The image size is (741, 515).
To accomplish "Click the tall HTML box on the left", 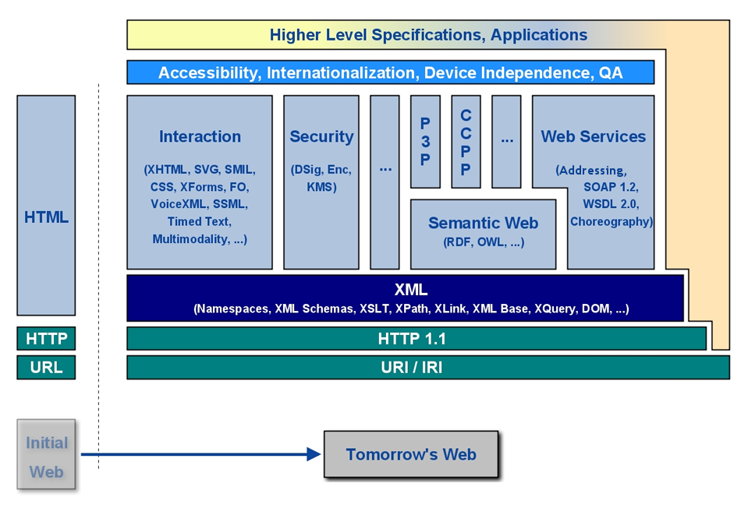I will pyautogui.click(x=46, y=206).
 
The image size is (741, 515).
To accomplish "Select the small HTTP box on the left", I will pyautogui.click(x=46, y=339).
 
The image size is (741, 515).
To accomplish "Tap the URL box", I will pyautogui.click(x=46, y=367).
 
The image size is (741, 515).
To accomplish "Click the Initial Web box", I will pyautogui.click(x=46, y=456).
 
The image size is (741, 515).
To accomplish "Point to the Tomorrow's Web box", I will pyautogui.click(x=411, y=454).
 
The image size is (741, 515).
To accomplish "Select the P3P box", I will pyautogui.click(x=425, y=142).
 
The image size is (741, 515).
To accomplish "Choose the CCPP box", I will pyautogui.click(x=466, y=142).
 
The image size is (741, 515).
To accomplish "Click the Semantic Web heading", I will pyautogui.click(x=483, y=224).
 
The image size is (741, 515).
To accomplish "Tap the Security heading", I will pyautogui.click(x=321, y=137).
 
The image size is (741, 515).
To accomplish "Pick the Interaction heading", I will pyautogui.click(x=200, y=137).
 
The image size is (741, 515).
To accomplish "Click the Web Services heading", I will pyautogui.click(x=594, y=137).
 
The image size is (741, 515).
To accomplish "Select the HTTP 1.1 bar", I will pyautogui.click(x=412, y=339).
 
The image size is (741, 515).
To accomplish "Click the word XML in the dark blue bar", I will pyautogui.click(x=411, y=290).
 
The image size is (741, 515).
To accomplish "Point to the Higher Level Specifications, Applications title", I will pyautogui.click(x=428, y=35).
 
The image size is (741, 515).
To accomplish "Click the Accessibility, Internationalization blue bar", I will pyautogui.click(x=390, y=73).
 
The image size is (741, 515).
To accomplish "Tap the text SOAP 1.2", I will pyautogui.click(x=610, y=187).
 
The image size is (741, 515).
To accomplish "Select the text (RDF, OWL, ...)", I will pyautogui.click(x=483, y=242).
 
